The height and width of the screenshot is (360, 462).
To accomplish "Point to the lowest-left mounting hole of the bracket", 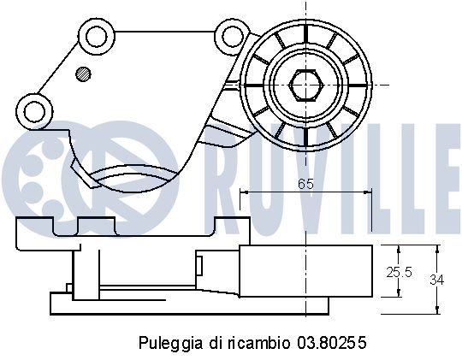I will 34,109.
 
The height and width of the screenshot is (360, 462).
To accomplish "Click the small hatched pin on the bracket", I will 82,73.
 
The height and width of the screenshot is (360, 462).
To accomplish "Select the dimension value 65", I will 306,182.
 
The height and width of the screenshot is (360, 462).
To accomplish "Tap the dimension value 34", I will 436,279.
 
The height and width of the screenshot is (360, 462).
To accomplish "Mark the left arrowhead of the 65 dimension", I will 244,192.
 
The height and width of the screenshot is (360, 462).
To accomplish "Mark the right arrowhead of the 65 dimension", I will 369,192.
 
